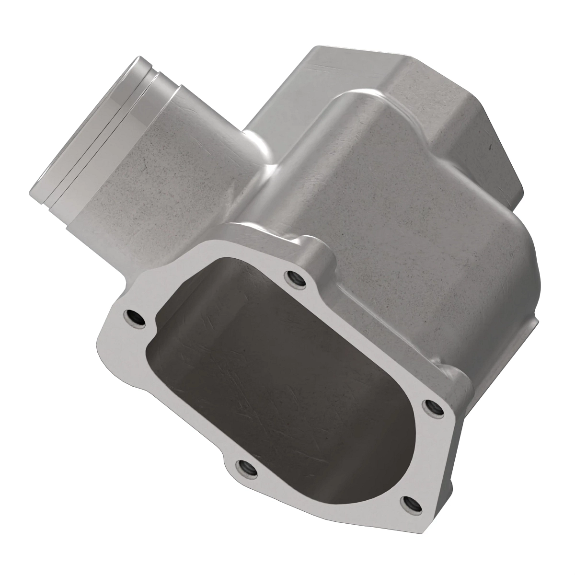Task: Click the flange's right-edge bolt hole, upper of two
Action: pos(432,406)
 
